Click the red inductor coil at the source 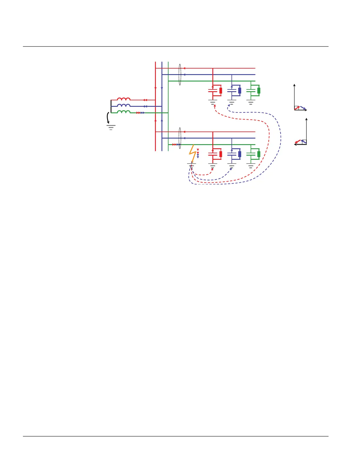coord(124,99)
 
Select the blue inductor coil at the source coord(124,105)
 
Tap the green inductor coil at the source coord(124,112)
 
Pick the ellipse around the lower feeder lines coord(180,138)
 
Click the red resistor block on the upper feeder coord(221,91)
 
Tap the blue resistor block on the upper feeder coord(240,91)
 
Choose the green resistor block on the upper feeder coord(259,91)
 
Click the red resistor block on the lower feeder coord(221,154)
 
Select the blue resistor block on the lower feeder coord(240,154)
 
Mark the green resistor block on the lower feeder coord(259,154)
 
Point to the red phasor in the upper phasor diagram coord(297,108)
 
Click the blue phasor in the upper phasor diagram coord(303,108)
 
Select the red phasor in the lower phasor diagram coord(298,142)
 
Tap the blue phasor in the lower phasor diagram coord(304,142)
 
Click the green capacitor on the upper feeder coord(251,91)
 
